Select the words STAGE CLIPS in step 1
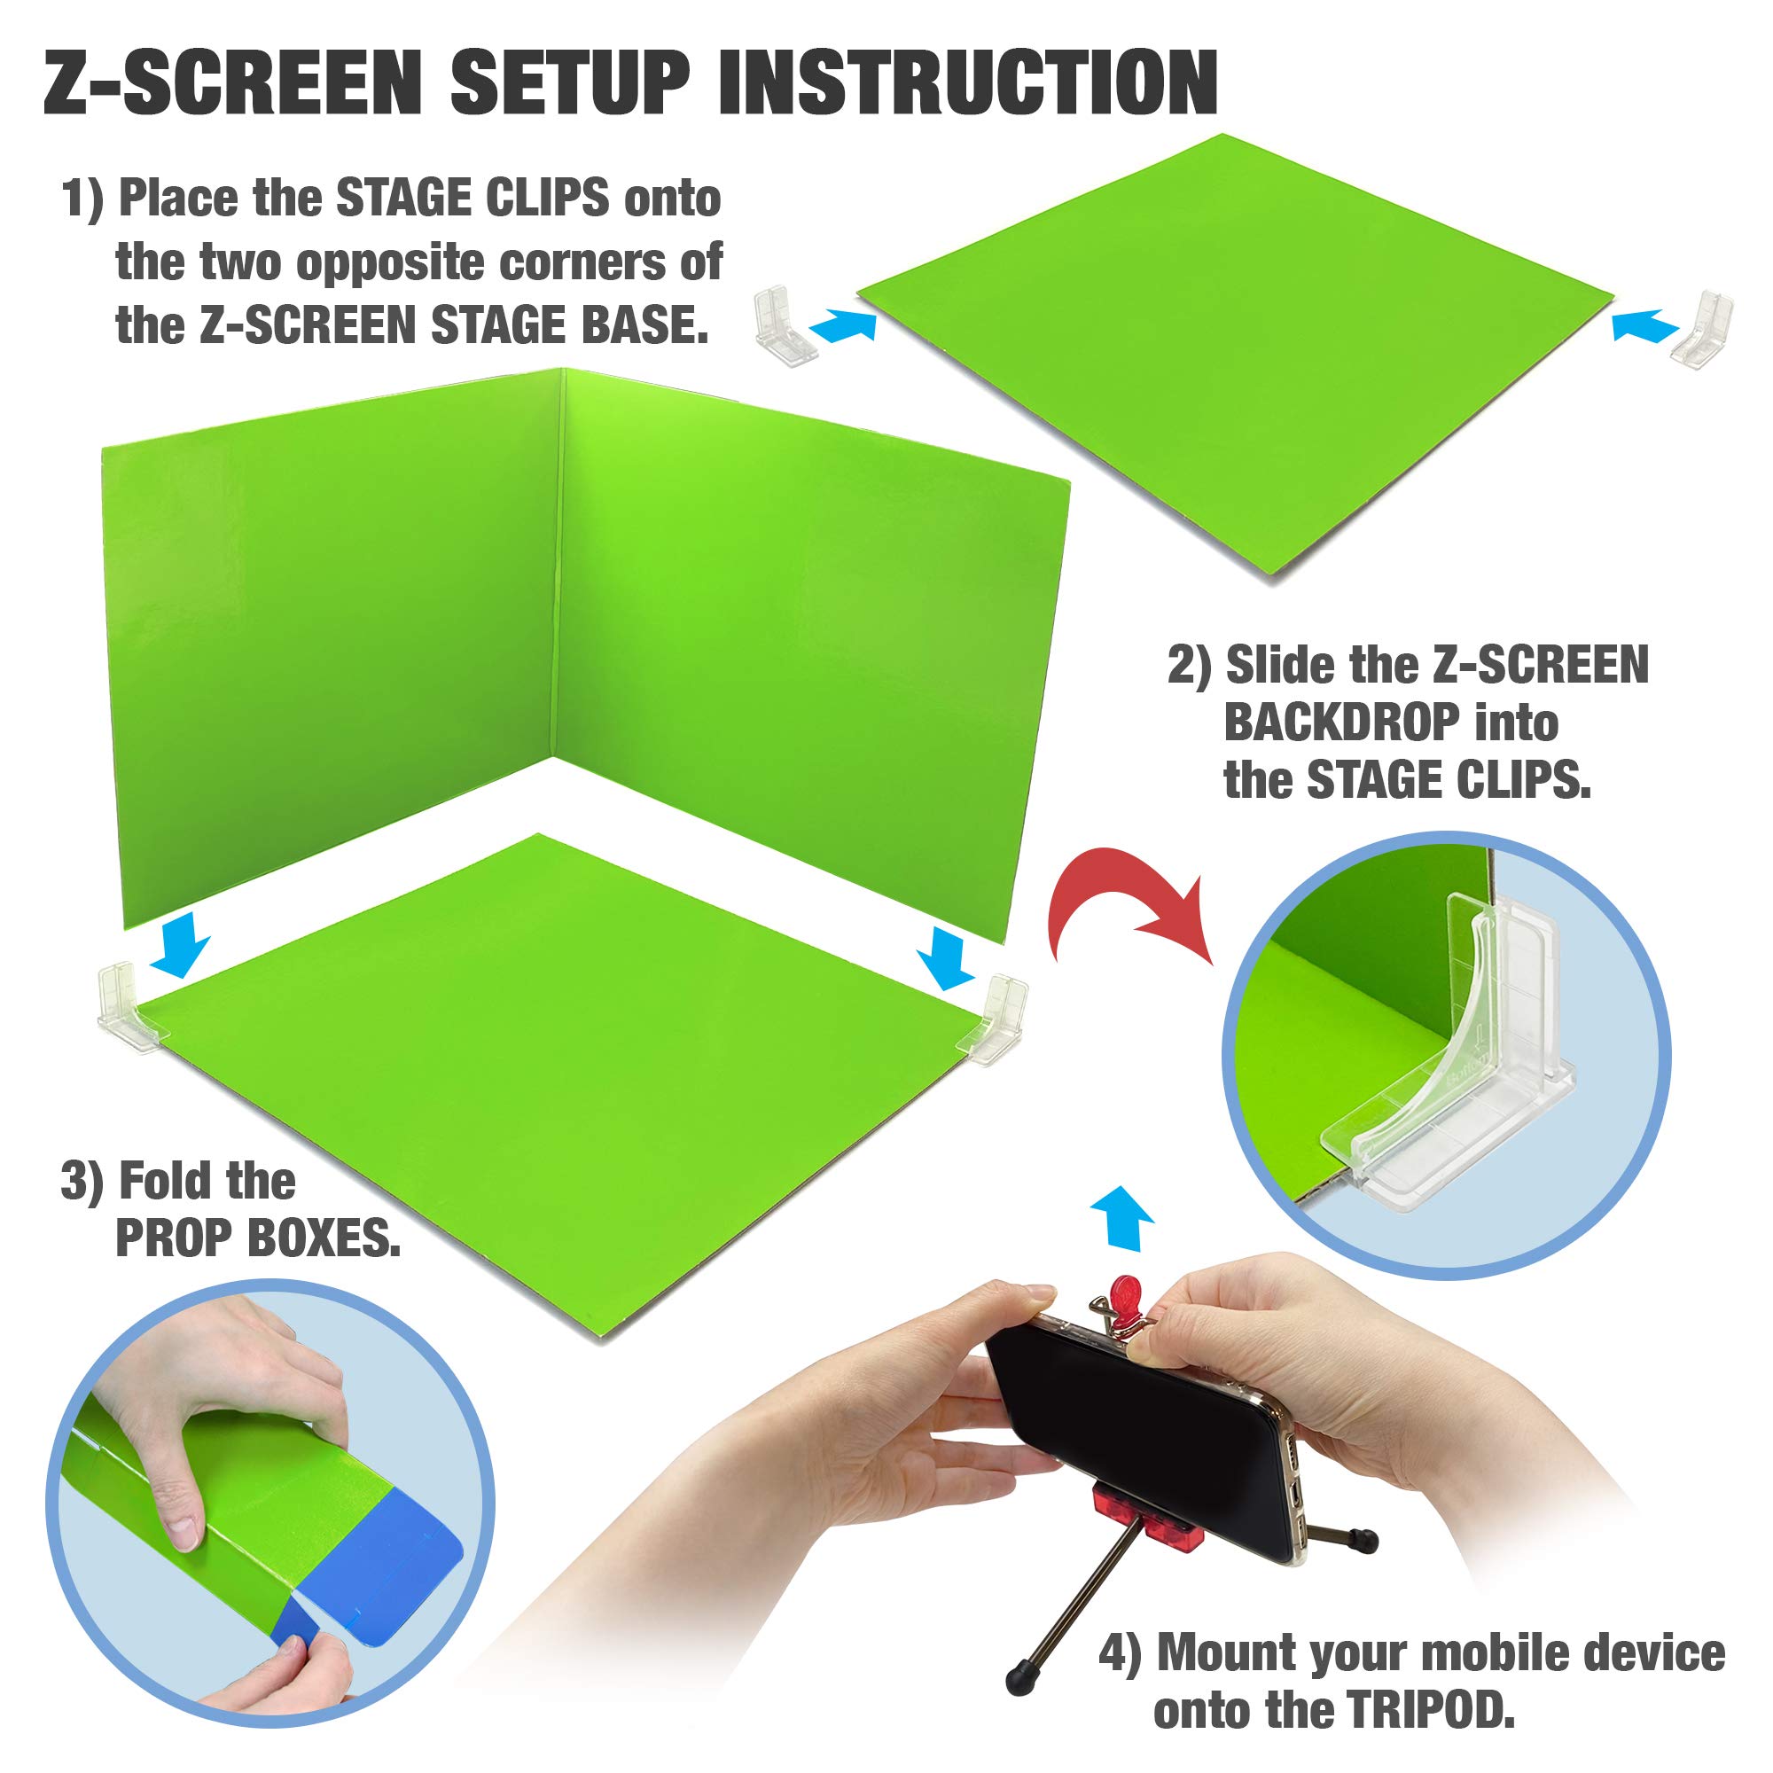tap(472, 199)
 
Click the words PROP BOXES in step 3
tap(258, 1240)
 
